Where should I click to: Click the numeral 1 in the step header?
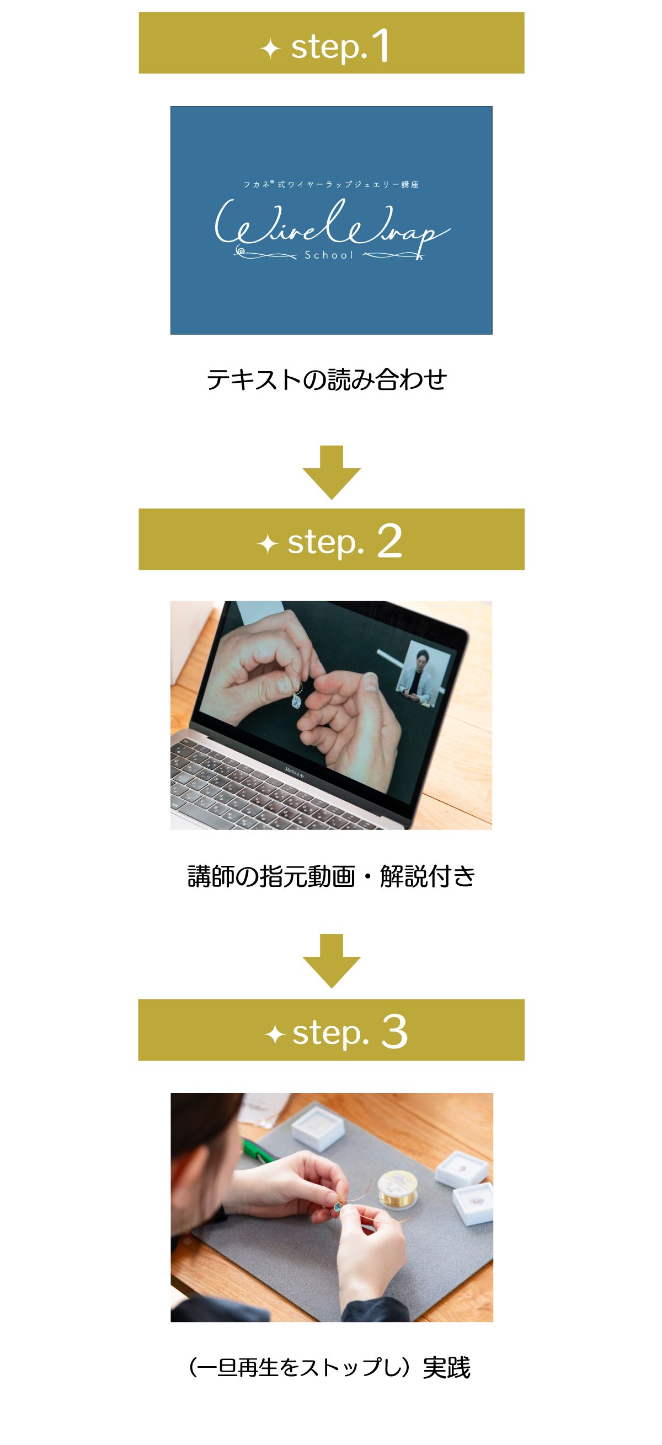381,45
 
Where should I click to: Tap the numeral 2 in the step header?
389,540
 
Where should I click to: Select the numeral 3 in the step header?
394,1031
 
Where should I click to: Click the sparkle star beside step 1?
270,48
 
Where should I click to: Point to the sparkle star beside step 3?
275,1034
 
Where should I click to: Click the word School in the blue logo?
329,255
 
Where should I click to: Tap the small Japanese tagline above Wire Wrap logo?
331,184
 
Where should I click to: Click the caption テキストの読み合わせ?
327,380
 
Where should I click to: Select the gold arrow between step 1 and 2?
332,472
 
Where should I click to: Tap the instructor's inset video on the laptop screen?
422,672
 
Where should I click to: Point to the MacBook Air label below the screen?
295,773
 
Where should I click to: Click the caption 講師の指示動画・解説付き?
331,876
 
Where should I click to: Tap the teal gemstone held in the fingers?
338,1206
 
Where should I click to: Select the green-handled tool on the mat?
259,1150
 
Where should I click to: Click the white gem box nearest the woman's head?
318,1126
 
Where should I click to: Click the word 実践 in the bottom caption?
446,1368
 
